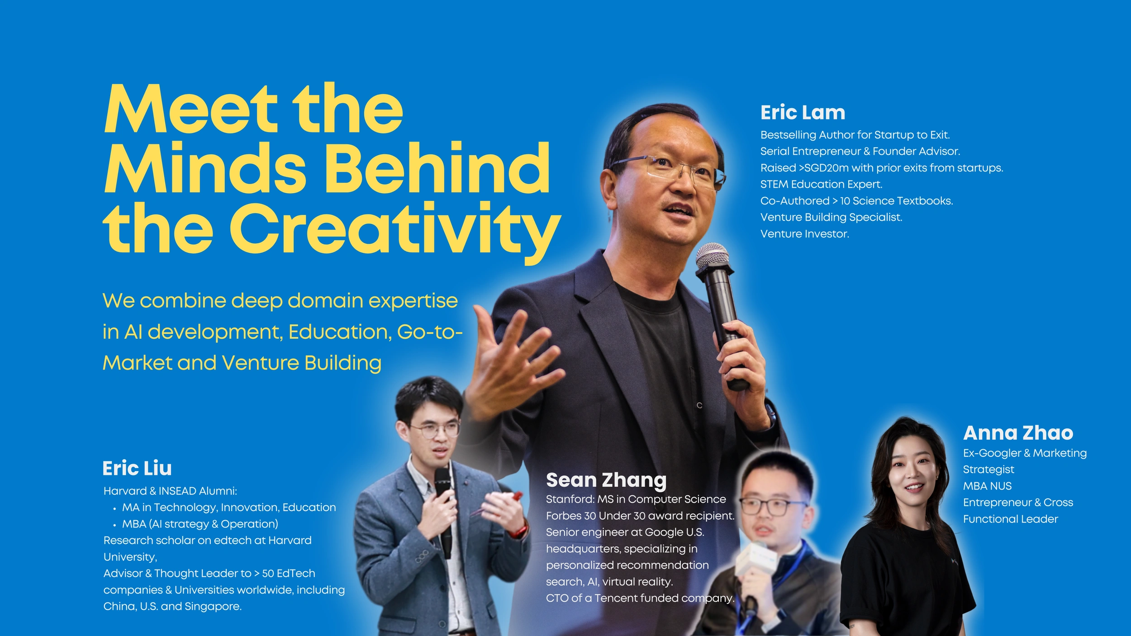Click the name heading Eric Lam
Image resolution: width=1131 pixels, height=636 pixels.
click(x=803, y=112)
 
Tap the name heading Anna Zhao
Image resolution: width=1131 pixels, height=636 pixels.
click(x=1018, y=433)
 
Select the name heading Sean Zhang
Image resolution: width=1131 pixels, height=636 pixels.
click(x=606, y=480)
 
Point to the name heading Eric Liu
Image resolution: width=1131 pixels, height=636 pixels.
click(x=137, y=468)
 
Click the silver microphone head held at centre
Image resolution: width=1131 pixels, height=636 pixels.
click(x=712, y=256)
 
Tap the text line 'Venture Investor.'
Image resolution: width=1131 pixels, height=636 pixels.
click(x=804, y=234)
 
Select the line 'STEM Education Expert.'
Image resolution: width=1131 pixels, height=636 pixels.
click(x=821, y=184)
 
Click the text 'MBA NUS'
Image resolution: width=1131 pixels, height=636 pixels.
click(x=987, y=486)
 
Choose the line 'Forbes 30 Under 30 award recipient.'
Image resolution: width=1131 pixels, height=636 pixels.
click(x=640, y=516)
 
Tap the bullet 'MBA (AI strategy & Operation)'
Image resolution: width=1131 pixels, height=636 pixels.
click(x=200, y=524)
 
